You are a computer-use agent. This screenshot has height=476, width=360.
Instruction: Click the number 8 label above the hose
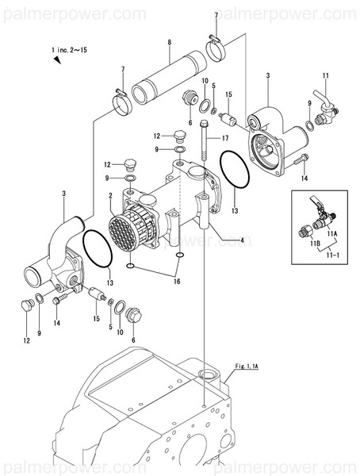(x=168, y=42)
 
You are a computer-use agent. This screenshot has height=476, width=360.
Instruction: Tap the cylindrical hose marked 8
(x=169, y=75)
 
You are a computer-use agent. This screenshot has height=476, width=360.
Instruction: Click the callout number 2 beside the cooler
(x=109, y=195)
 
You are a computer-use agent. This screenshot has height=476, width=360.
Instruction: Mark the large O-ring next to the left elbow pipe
(x=98, y=248)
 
